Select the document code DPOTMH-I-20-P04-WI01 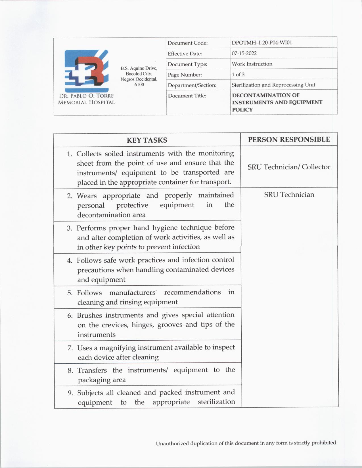(x=262, y=43)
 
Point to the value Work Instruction (x=252, y=64)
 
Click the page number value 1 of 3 (x=238, y=74)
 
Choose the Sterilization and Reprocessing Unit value (x=273, y=85)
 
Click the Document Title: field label (x=187, y=96)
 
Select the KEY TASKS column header (x=147, y=140)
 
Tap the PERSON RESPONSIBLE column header (x=289, y=140)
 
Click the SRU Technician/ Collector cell (x=289, y=167)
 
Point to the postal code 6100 (x=139, y=85)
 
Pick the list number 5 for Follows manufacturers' (x=70, y=293)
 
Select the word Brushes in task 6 (x=90, y=315)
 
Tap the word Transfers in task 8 (x=92, y=370)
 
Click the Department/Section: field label (x=192, y=85)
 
